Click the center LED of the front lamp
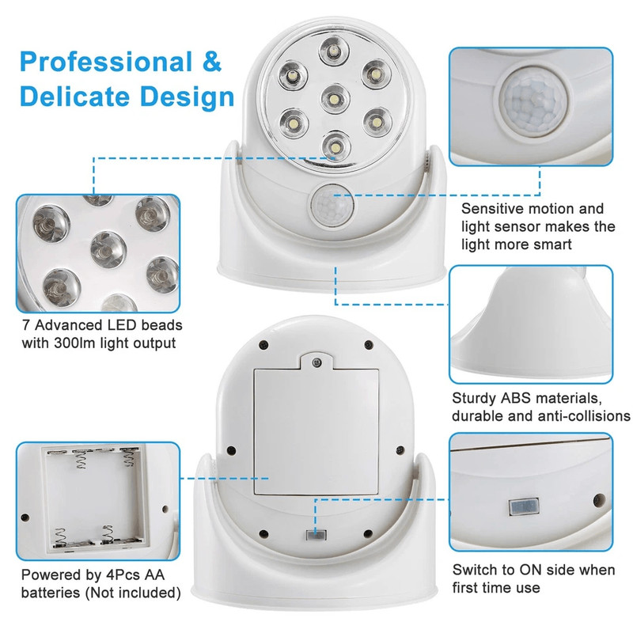(x=334, y=100)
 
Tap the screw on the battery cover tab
(x=316, y=362)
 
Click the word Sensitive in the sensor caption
(x=491, y=209)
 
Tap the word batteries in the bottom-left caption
(x=48, y=593)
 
